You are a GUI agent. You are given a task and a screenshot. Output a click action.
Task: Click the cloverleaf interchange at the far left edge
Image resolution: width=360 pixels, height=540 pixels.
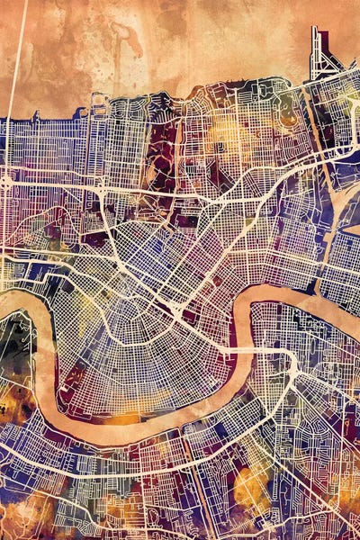(x=7, y=181)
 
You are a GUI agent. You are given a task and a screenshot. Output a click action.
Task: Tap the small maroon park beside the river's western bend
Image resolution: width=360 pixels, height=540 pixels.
(x=67, y=378)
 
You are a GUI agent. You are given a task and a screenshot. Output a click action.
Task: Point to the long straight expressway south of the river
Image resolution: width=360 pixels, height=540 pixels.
(x=135, y=468)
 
